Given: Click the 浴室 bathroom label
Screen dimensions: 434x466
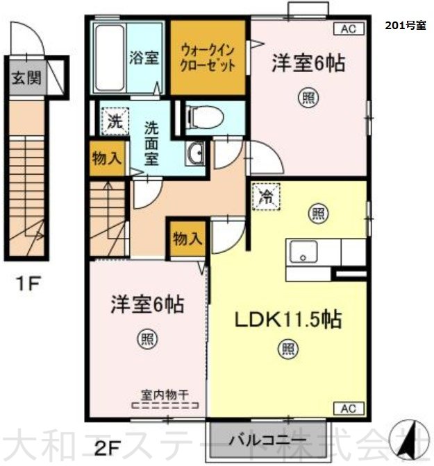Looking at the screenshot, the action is tap(144, 58).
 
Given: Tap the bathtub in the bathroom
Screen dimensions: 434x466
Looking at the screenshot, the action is tap(110, 58).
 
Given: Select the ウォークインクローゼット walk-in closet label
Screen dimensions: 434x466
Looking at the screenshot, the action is tap(208, 58).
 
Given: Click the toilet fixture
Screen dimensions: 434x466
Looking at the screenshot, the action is tap(205, 118).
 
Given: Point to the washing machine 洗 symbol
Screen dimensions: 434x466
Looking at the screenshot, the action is tap(115, 121).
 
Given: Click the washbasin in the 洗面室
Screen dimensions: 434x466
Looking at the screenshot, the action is tap(196, 153).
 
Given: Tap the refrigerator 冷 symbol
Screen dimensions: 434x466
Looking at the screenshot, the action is tap(266, 197).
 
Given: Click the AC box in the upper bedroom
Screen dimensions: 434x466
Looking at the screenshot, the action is tap(349, 29).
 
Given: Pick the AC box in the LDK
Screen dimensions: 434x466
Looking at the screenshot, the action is tap(349, 408).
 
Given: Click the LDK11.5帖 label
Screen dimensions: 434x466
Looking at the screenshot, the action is tap(288, 320).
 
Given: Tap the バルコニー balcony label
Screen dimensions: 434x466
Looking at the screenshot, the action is tap(267, 440).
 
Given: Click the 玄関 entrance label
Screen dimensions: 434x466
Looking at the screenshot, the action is tap(26, 78).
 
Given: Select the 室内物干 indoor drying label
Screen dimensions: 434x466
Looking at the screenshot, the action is tap(165, 395).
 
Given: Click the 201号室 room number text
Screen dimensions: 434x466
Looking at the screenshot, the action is tap(406, 25).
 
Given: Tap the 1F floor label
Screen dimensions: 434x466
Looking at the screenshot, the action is tap(28, 283).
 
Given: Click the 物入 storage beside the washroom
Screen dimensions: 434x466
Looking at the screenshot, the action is tap(107, 158).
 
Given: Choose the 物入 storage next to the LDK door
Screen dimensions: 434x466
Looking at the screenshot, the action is tap(187, 239).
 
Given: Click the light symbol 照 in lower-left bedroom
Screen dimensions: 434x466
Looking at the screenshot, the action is tap(148, 339).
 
